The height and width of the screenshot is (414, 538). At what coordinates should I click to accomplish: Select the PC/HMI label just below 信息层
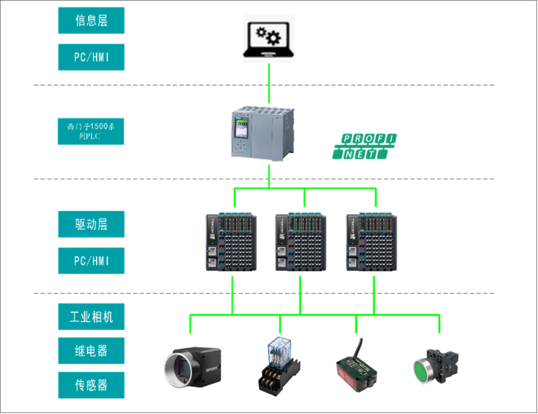point(91,57)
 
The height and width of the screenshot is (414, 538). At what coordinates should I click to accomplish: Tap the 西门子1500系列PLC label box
point(91,131)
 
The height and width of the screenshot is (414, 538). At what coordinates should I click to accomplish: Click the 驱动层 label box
point(91,224)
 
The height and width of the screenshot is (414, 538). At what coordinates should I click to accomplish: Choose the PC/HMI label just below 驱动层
point(91,261)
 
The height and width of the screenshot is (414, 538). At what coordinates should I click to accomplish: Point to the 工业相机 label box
point(91,317)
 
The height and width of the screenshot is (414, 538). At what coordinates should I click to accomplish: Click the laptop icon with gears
point(269,38)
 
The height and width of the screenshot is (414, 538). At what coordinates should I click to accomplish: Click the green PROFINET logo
point(365,145)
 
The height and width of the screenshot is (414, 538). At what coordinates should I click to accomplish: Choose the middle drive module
point(304,243)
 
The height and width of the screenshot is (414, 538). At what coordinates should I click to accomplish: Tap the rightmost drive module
point(374,243)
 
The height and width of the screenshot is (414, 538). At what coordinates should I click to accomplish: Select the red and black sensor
point(356,367)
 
